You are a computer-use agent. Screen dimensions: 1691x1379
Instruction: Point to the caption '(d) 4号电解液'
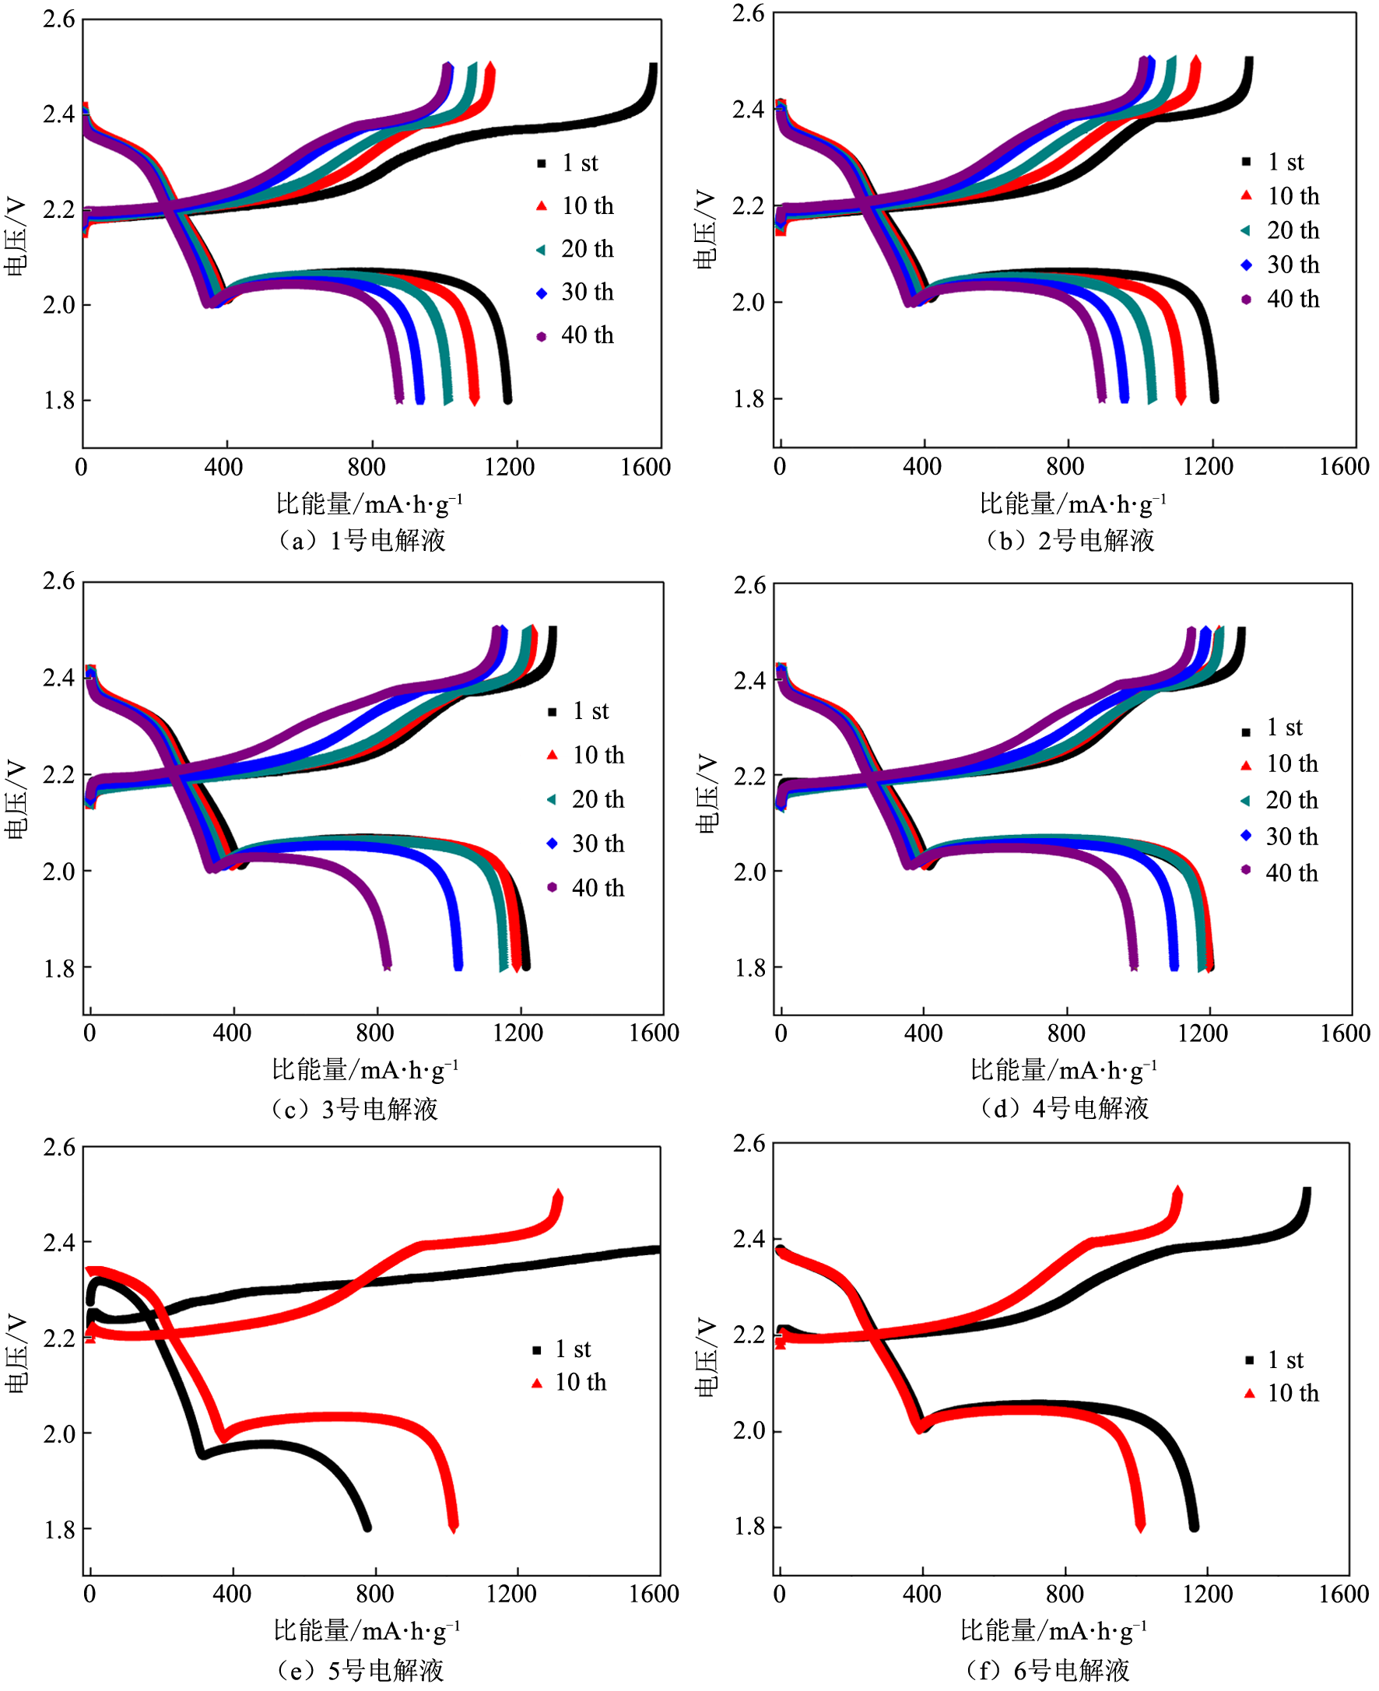click(x=1065, y=1108)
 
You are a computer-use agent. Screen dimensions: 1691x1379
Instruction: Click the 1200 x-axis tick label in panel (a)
click(x=509, y=467)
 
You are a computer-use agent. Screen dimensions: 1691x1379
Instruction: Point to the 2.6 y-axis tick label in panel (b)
click(x=749, y=13)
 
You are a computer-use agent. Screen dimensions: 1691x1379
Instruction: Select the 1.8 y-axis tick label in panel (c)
click(x=60, y=968)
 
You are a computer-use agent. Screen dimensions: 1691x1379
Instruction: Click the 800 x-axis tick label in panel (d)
click(x=1065, y=1033)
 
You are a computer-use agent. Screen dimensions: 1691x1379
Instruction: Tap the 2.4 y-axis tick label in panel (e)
click(x=60, y=1242)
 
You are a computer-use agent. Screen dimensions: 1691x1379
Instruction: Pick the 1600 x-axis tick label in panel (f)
click(x=1343, y=1594)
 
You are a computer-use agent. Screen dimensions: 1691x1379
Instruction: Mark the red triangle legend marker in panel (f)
click(x=1250, y=1393)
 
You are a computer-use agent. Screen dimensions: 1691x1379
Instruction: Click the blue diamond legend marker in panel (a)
click(x=542, y=293)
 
